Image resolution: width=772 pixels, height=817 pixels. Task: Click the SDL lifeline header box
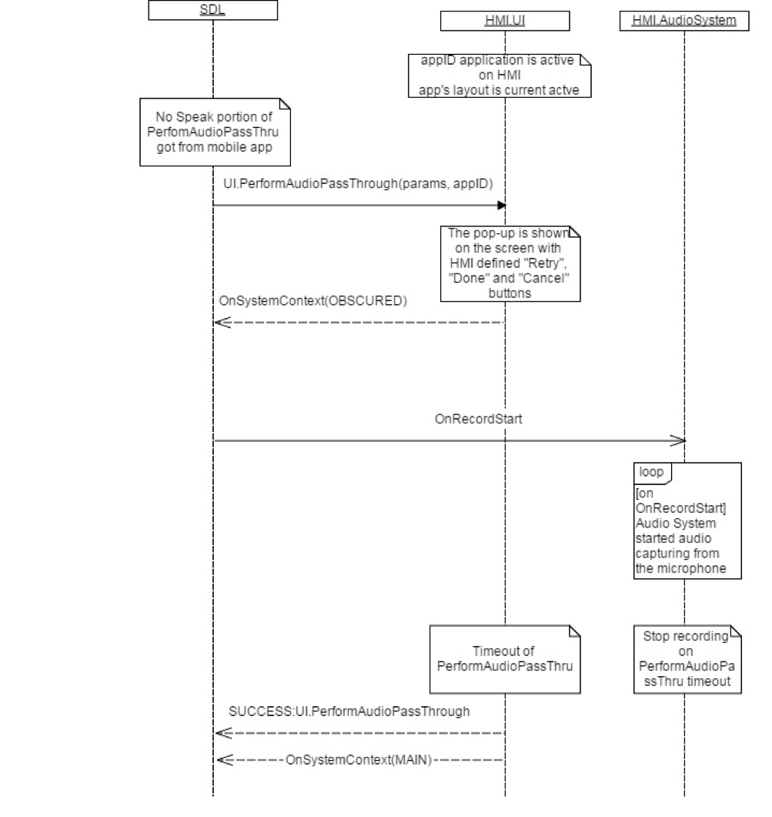point(212,10)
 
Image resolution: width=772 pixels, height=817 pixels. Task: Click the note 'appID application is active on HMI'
point(503,75)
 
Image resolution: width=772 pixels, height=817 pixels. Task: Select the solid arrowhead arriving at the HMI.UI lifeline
point(501,205)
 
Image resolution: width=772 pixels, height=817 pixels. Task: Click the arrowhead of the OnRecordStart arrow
point(677,441)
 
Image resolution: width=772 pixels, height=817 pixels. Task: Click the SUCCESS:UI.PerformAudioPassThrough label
point(349,712)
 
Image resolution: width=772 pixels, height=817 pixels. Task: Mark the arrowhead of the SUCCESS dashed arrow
point(222,733)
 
